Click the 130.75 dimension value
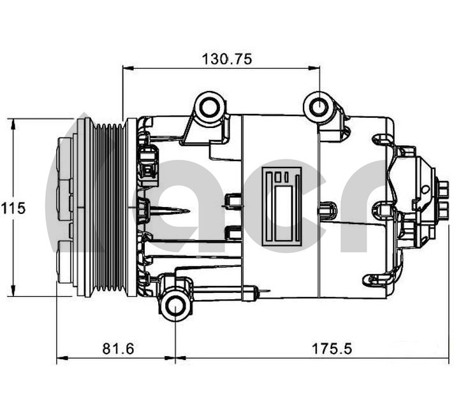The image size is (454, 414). point(227,59)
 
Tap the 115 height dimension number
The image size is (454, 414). point(13,208)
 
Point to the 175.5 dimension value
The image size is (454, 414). point(332,348)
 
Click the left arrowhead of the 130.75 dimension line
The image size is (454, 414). point(125,68)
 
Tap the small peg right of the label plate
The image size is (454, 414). point(329,208)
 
